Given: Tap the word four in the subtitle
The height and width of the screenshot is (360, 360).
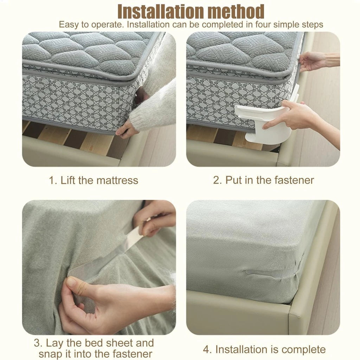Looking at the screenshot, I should click(258, 25).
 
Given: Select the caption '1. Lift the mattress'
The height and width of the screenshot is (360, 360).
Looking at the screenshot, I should click(94, 180).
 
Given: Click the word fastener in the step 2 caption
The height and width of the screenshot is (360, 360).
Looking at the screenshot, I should click(294, 180).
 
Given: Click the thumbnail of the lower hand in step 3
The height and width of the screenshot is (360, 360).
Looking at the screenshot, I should click(72, 282).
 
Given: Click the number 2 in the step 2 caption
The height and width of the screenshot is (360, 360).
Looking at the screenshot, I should click(217, 180).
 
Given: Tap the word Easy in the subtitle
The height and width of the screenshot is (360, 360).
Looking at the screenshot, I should click(69, 25).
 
